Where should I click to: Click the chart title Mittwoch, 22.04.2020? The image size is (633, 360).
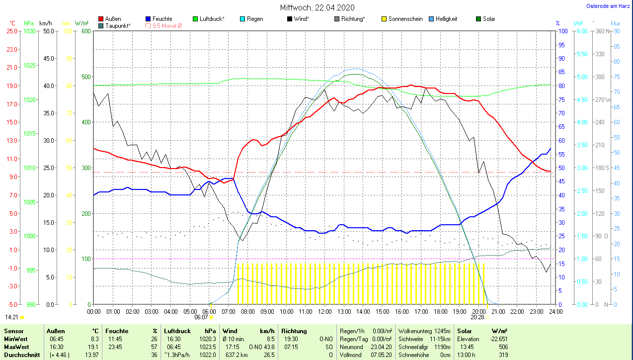[x=316, y=7]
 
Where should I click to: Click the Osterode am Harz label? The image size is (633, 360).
[x=609, y=6]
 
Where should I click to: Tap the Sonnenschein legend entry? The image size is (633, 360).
[x=401, y=19]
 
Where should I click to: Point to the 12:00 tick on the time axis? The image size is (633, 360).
[x=324, y=312]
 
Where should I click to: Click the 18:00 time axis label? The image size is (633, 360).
[x=440, y=312]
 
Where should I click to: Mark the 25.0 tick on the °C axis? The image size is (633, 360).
[x=12, y=31]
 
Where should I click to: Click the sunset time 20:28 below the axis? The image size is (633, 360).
[x=477, y=317]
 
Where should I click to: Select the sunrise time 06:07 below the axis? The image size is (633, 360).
[x=201, y=317]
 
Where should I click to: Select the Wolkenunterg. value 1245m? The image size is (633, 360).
[x=441, y=331]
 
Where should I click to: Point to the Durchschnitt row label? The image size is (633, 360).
[x=22, y=355]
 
